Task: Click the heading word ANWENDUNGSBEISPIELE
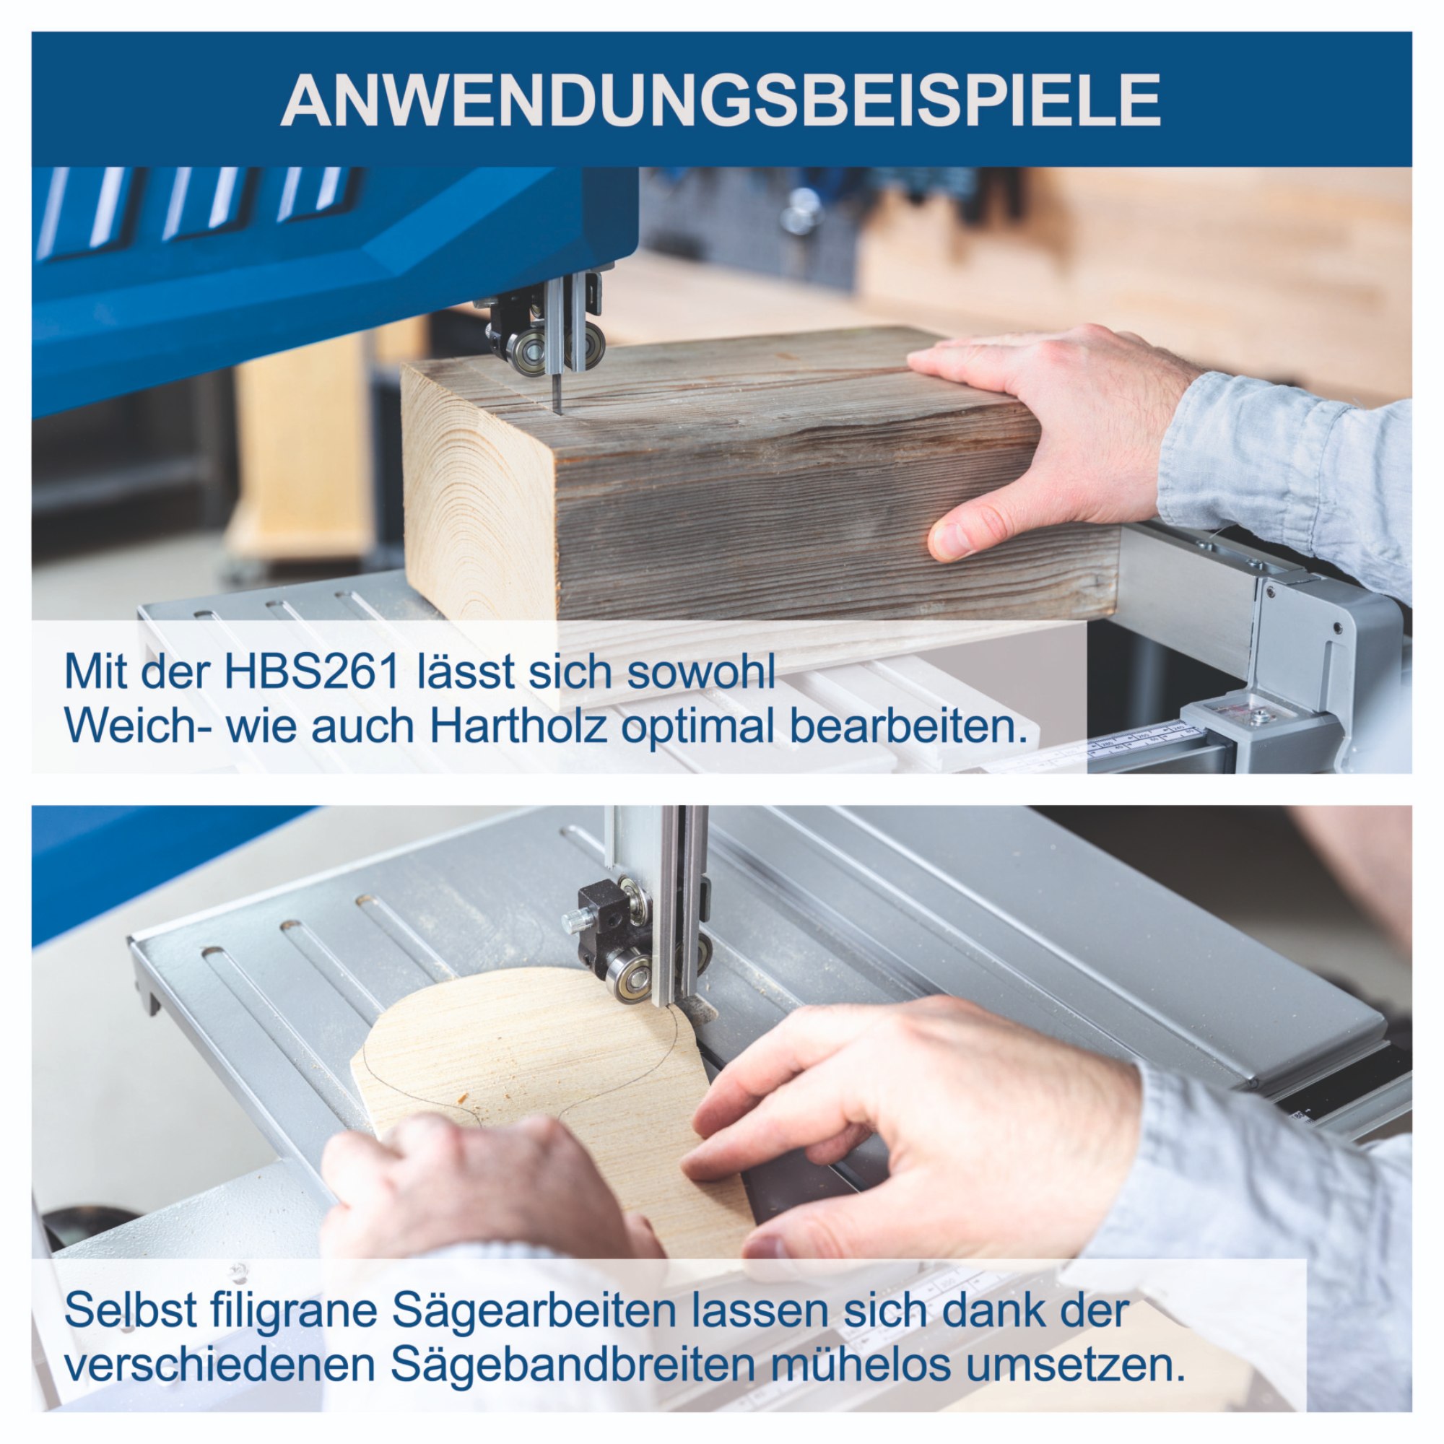click(721, 100)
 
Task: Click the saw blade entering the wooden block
click(556, 392)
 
